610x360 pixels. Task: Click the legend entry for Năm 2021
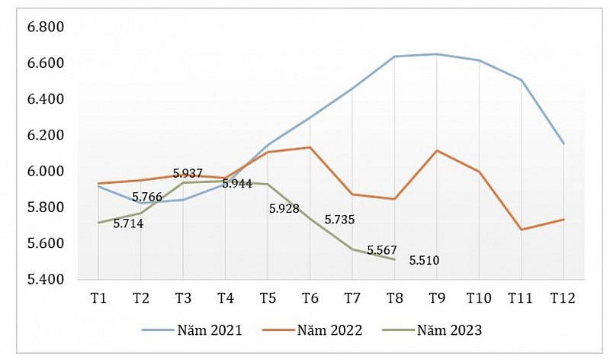192,330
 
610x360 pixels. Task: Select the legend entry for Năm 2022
312,330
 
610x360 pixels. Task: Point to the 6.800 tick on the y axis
45,27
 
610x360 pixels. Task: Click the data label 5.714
128,224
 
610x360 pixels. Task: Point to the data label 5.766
146,197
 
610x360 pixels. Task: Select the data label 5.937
188,173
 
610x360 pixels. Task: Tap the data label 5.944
237,184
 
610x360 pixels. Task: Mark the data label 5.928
284,207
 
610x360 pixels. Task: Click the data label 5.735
339,220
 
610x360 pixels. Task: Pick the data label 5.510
424,261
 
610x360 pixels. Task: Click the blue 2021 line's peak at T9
436,54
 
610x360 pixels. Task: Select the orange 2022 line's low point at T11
521,229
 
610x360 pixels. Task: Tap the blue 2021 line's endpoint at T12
563,143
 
